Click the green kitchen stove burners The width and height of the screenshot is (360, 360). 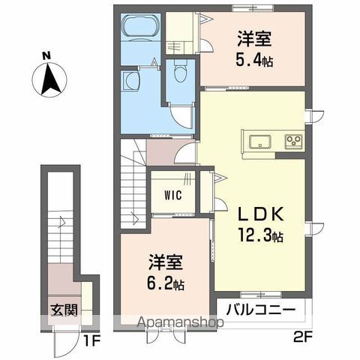click(x=291, y=139)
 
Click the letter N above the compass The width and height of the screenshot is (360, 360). click(x=46, y=55)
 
